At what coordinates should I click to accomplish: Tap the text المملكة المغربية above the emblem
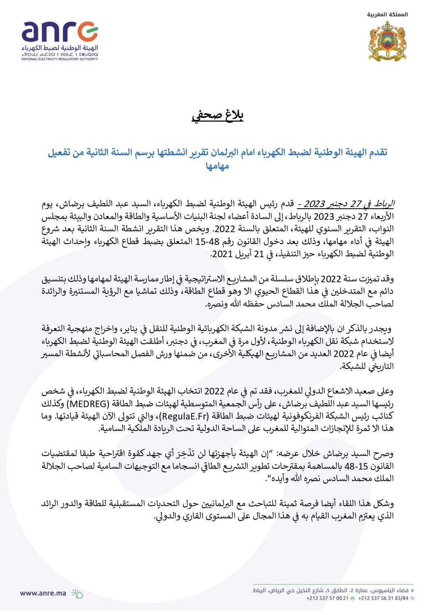(x=387, y=14)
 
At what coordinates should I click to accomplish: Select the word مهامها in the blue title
(x=217, y=166)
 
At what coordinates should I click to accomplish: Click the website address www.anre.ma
(x=43, y=593)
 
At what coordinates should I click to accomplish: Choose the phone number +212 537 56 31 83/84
(x=383, y=598)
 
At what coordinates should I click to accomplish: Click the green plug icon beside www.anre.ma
(x=77, y=593)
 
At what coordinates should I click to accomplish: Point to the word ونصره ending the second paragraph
(x=216, y=304)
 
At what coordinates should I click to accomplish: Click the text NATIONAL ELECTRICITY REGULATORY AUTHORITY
(x=60, y=59)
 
